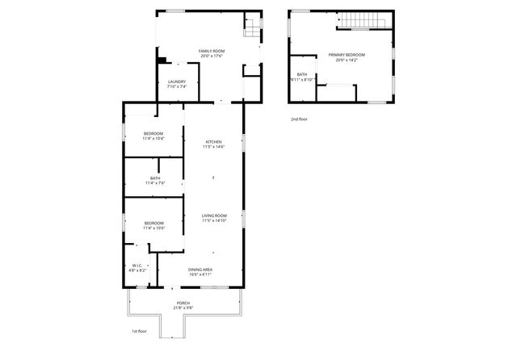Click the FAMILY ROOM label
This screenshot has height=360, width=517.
[212, 51]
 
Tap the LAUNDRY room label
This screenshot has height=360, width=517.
[177, 82]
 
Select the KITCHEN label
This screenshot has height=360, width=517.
[213, 141]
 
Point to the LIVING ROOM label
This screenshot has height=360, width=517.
[214, 216]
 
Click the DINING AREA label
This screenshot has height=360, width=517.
[201, 269]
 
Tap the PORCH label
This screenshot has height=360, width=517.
[183, 303]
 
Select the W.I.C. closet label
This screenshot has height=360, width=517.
[137, 266]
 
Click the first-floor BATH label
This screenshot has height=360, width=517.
[154, 178]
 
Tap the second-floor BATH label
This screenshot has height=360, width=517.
[301, 74]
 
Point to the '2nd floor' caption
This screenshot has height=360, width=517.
[299, 119]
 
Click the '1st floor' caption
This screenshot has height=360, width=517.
[139, 331]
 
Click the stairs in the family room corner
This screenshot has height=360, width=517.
[252, 29]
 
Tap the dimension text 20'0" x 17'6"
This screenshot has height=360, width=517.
[212, 56]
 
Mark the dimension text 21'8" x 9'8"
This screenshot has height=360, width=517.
[183, 308]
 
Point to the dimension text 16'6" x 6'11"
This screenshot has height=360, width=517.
[201, 274]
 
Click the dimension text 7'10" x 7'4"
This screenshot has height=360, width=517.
[177, 86]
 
